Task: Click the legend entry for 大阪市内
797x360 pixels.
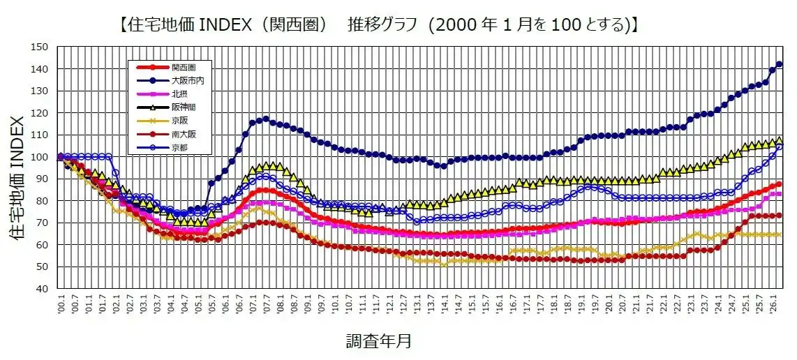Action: pos(183,81)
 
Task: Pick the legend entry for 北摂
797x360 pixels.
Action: pos(179,93)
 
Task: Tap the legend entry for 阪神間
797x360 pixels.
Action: pos(181,107)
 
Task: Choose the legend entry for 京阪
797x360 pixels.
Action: pos(179,119)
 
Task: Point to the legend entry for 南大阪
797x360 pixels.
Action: pos(181,133)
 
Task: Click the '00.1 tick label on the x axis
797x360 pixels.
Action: pos(61,304)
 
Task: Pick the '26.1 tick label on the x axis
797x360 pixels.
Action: pos(773,304)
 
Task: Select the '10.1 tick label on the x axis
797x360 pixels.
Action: pos(335,304)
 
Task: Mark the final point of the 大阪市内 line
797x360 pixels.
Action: pos(780,64)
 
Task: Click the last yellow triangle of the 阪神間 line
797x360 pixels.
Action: pos(780,141)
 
